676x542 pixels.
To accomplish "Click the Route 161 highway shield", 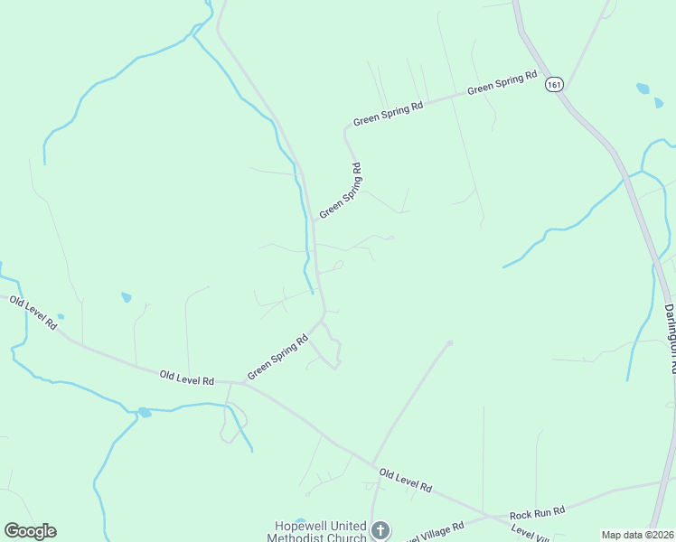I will point(554,84).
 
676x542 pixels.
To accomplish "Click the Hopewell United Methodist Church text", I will point(321,532).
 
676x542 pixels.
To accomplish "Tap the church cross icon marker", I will point(381,530).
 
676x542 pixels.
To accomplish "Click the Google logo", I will point(30,531).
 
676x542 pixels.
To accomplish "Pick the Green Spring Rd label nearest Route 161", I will point(502,84).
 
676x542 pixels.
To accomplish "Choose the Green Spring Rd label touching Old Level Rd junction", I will point(277,357).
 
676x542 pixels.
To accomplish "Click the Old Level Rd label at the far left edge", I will point(34,313).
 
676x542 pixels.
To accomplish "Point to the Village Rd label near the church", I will point(434,530).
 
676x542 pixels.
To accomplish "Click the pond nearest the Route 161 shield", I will point(643,89).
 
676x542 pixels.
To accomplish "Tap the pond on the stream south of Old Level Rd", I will point(144,413).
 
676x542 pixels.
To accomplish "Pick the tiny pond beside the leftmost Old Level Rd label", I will point(61,317).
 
